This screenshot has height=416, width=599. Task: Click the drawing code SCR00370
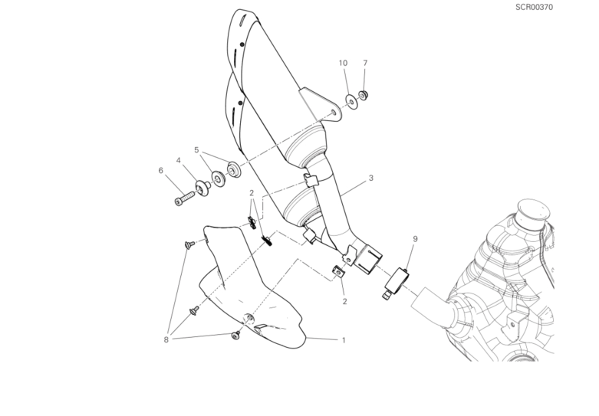[x=534, y=7]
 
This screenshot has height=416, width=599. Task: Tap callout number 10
[x=343, y=63]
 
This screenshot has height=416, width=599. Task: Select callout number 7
[x=365, y=63]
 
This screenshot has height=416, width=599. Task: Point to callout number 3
[x=370, y=178]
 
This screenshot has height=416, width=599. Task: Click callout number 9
[x=415, y=239]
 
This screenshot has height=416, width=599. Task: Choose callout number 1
[x=344, y=340]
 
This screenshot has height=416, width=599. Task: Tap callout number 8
[x=166, y=339]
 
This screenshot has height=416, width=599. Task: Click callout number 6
[x=161, y=170]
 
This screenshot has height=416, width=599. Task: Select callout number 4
[x=179, y=160]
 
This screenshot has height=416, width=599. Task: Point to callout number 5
[x=196, y=150]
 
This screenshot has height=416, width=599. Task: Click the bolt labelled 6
[x=185, y=199]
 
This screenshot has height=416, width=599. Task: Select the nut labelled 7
[x=363, y=95]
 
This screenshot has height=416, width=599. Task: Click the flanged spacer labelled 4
[x=202, y=188]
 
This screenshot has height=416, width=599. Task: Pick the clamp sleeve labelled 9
[x=397, y=283]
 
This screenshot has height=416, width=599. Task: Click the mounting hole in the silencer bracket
[x=334, y=112]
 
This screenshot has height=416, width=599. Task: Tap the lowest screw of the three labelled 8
[x=235, y=336]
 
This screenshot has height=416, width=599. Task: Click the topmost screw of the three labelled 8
[x=189, y=244]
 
